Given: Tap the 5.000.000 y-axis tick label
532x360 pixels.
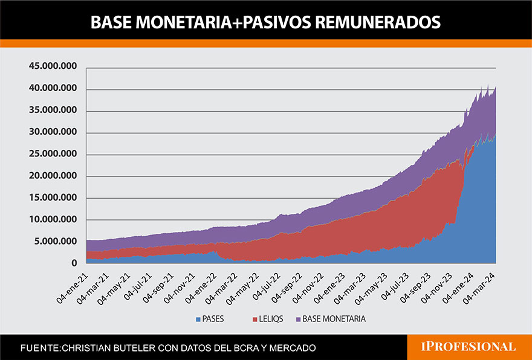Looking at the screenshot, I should click(56, 242).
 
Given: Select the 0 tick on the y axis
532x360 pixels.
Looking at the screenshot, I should click(74, 263).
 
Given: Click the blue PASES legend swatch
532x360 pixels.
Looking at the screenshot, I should click(198, 318).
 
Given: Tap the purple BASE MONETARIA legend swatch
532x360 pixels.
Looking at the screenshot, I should click(297, 318).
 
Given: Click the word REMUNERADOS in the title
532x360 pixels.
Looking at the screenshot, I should click(383, 22).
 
